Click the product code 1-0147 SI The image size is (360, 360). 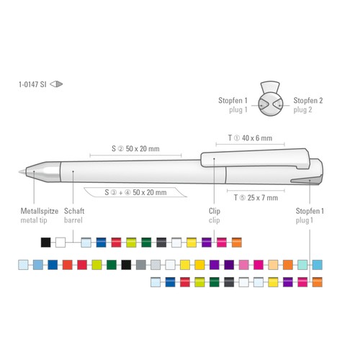(32, 84)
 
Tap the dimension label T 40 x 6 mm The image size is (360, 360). (250, 138)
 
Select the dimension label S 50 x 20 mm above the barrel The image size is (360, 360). (135, 148)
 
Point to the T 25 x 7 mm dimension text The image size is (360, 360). (256, 198)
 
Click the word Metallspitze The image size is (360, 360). (40, 211)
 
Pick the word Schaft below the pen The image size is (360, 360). (74, 211)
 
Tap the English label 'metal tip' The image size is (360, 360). (34, 220)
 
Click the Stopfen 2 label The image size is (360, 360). (308, 100)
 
